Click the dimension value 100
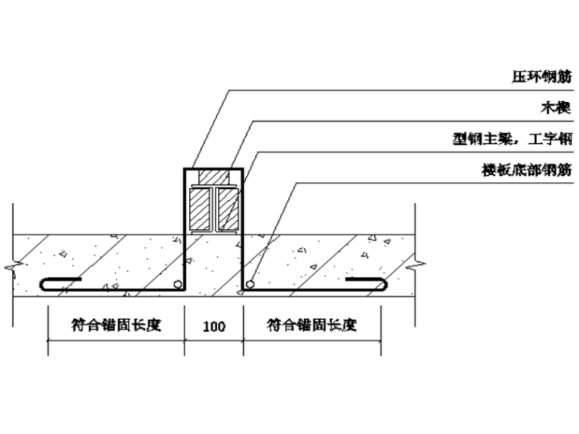point(214,327)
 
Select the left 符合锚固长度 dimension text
point(118,325)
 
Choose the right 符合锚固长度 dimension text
point(312,325)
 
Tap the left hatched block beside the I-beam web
point(201,209)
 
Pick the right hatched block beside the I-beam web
point(228,209)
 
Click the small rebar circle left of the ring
point(178,284)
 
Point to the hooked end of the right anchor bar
point(385,284)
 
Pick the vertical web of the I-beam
point(214,209)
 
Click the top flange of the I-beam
point(214,187)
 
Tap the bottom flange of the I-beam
point(214,231)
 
